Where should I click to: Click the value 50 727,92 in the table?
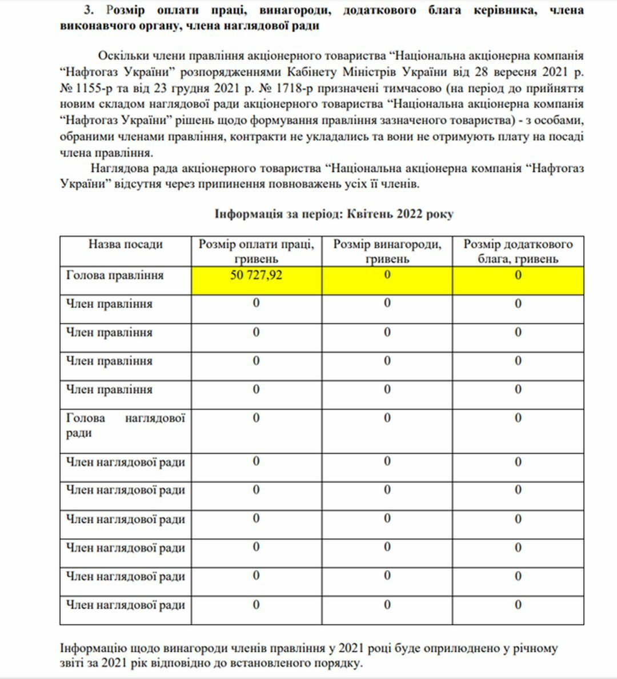tap(256, 275)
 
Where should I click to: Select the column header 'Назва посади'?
tap(125, 245)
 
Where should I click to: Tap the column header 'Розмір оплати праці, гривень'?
tap(256, 251)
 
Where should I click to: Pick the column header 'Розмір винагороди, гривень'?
tap(387, 251)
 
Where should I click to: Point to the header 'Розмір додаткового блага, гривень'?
tap(518, 251)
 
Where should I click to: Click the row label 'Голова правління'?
tap(115, 275)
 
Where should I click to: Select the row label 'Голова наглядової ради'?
tap(125, 425)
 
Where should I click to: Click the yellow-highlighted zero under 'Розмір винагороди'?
tap(387, 275)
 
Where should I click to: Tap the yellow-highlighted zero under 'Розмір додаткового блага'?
tap(518, 275)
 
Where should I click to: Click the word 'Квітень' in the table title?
tap(369, 214)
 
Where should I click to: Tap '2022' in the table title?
tap(408, 214)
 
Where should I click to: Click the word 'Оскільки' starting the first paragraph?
tap(122, 56)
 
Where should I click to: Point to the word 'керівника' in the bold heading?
tap(506, 10)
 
